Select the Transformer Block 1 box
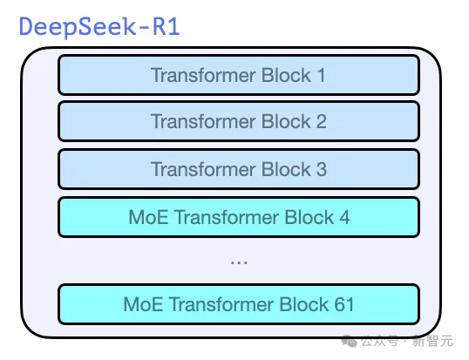pos(238,75)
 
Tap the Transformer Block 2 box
pos(238,121)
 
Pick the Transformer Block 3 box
pos(238,168)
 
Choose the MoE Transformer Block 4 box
pos(238,216)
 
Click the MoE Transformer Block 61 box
pos(238,304)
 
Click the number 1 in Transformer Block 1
pos(321,75)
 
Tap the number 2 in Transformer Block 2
pos(321,121)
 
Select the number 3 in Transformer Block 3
pos(321,168)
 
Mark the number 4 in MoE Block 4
pos(345,216)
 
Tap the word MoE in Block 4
pos(145,216)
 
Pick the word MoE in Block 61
pos(142,304)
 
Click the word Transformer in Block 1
pos(204,75)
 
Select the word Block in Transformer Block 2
pos(287,121)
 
